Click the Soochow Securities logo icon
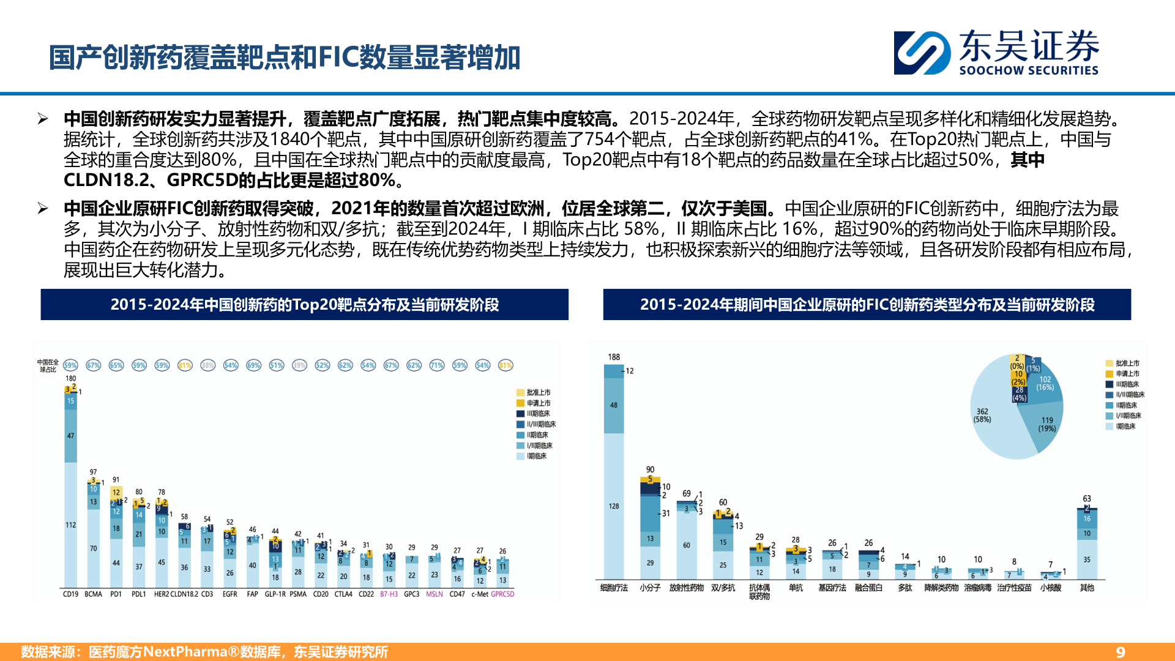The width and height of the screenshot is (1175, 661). [922, 53]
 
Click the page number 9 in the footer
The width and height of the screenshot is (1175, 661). [1121, 652]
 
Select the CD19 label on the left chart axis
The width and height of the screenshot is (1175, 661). [70, 594]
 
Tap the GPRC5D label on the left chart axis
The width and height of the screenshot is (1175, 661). [502, 594]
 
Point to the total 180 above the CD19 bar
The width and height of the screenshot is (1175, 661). [71, 378]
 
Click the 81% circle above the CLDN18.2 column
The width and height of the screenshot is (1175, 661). [185, 365]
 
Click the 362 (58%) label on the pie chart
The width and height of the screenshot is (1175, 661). [982, 415]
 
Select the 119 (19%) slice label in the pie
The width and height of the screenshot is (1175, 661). [1047, 424]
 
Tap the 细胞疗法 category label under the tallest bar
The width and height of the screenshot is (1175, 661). [614, 588]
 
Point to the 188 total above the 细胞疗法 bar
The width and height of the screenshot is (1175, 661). [614, 357]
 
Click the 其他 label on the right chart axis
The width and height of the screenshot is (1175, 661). [1087, 588]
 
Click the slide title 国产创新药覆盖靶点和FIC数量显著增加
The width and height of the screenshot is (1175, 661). [285, 58]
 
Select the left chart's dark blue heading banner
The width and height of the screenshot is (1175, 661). [304, 305]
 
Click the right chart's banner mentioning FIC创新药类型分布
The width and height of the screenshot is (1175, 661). [867, 305]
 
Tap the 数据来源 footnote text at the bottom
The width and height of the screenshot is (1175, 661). [204, 652]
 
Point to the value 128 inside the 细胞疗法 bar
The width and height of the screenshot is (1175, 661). [614, 506]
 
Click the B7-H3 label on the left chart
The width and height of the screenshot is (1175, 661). [389, 594]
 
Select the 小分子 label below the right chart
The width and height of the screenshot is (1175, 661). [650, 588]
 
